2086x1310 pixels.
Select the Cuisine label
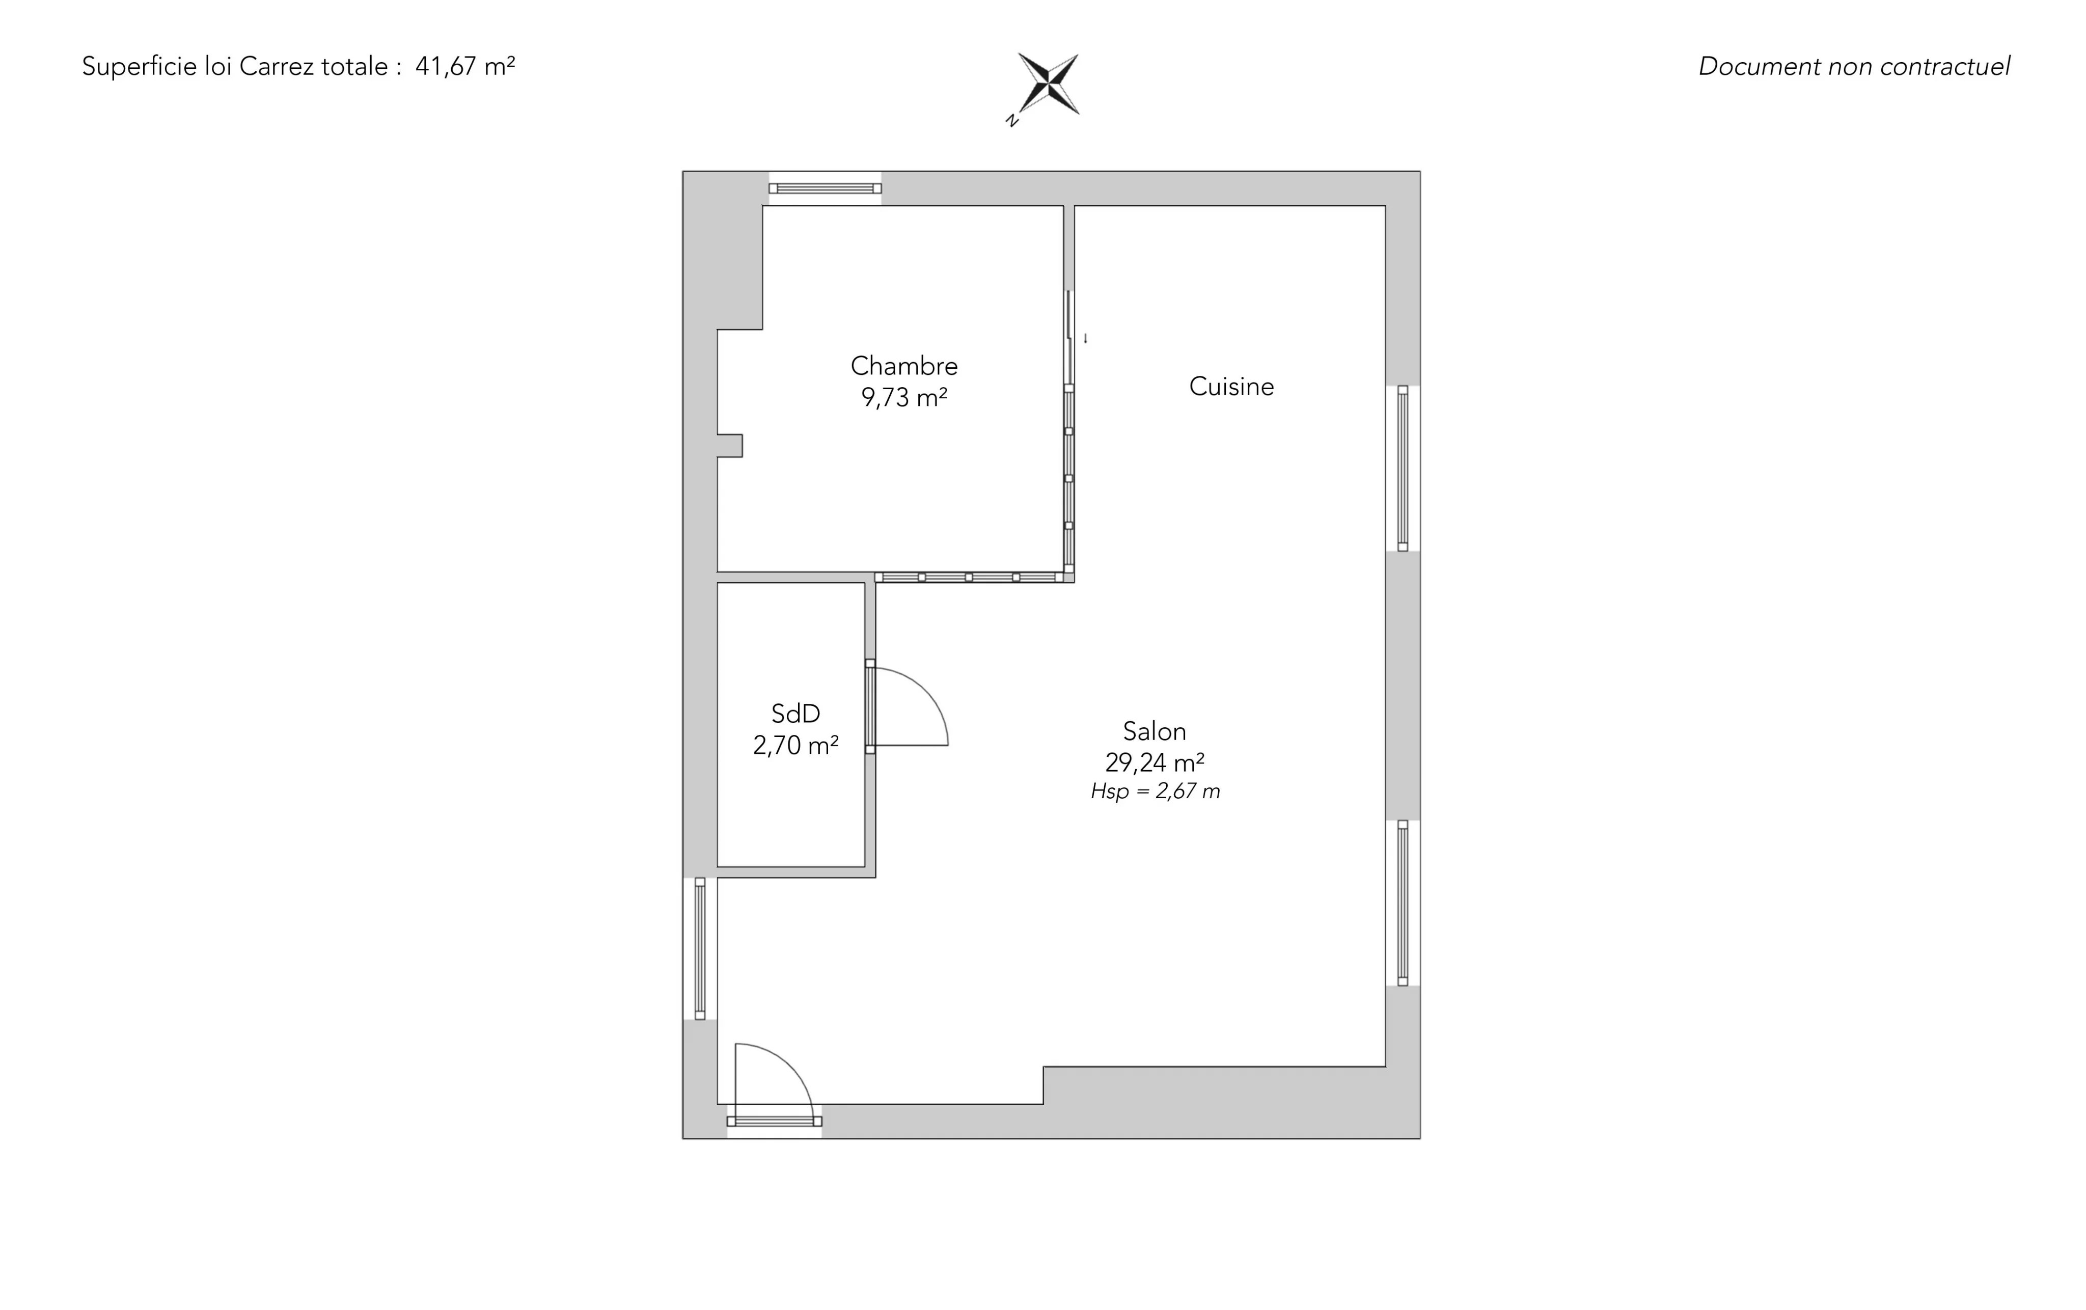pyautogui.click(x=1231, y=387)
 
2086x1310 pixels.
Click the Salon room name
pyautogui.click(x=1154, y=731)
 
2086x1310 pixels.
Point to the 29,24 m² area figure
pyautogui.click(x=1154, y=762)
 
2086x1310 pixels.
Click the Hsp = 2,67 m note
pyautogui.click(x=1155, y=791)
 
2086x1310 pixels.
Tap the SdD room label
pyautogui.click(x=795, y=714)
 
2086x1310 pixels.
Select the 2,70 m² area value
pyautogui.click(x=795, y=745)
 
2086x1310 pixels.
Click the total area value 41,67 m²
pyautogui.click(x=465, y=67)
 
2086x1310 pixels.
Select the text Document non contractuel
pyautogui.click(x=1854, y=67)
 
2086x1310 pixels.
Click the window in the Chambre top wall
pyautogui.click(x=825, y=188)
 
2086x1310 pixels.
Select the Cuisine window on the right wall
pyautogui.click(x=1403, y=468)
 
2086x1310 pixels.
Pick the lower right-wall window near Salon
pyautogui.click(x=1403, y=903)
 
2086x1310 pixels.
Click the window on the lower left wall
pyautogui.click(x=700, y=949)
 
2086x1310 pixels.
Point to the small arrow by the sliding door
pyautogui.click(x=1085, y=339)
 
